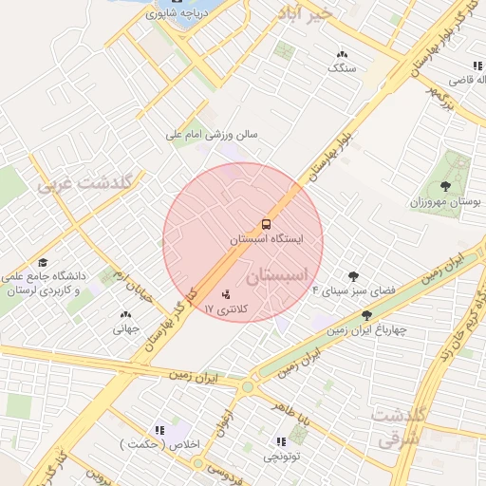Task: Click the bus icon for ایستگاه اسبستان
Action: click(x=266, y=225)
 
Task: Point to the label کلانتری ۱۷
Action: click(x=224, y=309)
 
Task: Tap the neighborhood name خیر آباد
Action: click(x=306, y=13)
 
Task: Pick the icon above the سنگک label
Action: click(x=342, y=54)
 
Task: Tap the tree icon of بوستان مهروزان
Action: click(x=447, y=186)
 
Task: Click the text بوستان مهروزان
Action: click(x=446, y=203)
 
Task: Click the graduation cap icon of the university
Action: click(x=43, y=262)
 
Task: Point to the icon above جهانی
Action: click(x=126, y=314)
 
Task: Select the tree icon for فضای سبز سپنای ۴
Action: click(x=354, y=275)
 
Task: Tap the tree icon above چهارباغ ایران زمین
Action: click(x=366, y=314)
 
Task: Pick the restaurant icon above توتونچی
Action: click(x=281, y=441)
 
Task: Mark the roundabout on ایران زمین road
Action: click(x=249, y=386)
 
